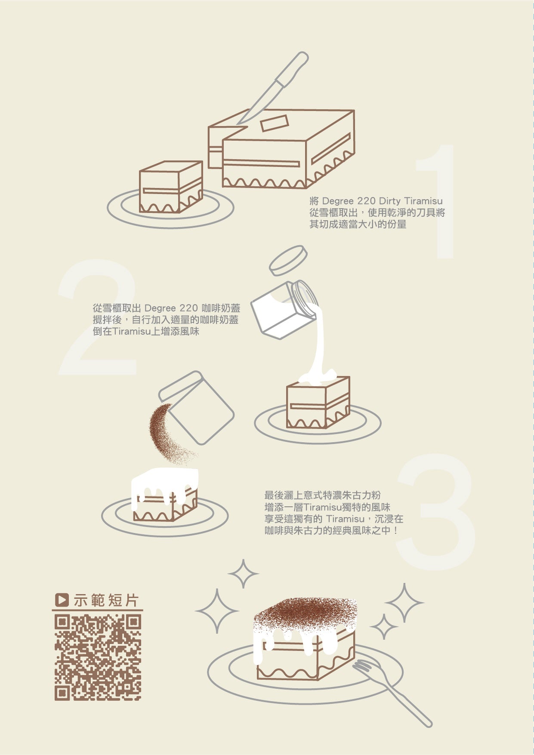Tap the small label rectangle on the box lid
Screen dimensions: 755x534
pyautogui.click(x=274, y=123)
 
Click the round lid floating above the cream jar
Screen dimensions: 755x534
pyautogui.click(x=288, y=260)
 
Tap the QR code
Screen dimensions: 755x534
pyautogui.click(x=98, y=657)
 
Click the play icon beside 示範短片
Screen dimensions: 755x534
pyautogui.click(x=62, y=600)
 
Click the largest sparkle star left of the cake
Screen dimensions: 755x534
pyautogui.click(x=217, y=611)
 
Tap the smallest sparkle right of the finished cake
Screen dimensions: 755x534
pyautogui.click(x=383, y=626)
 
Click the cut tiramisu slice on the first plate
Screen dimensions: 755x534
pyautogui.click(x=171, y=187)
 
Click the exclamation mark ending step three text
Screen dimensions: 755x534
pyautogui.click(x=396, y=531)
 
